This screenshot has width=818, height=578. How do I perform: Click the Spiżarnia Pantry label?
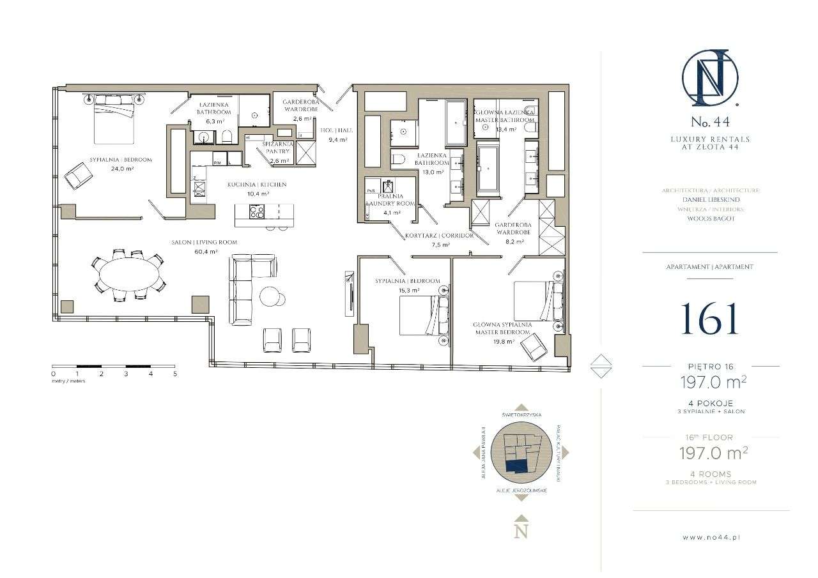pos(279,152)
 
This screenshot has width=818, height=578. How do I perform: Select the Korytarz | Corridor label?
pos(439,235)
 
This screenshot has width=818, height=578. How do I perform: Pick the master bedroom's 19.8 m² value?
pos(501,341)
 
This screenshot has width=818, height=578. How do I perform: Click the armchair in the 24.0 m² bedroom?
pos(79,174)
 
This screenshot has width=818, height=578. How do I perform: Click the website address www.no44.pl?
pos(711,537)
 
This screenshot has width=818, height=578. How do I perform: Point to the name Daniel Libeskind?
pos(710,199)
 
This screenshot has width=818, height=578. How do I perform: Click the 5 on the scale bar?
pos(174,374)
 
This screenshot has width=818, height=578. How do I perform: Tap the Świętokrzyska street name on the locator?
pos(521,414)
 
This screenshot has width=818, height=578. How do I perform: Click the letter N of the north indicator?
pos(521,531)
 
